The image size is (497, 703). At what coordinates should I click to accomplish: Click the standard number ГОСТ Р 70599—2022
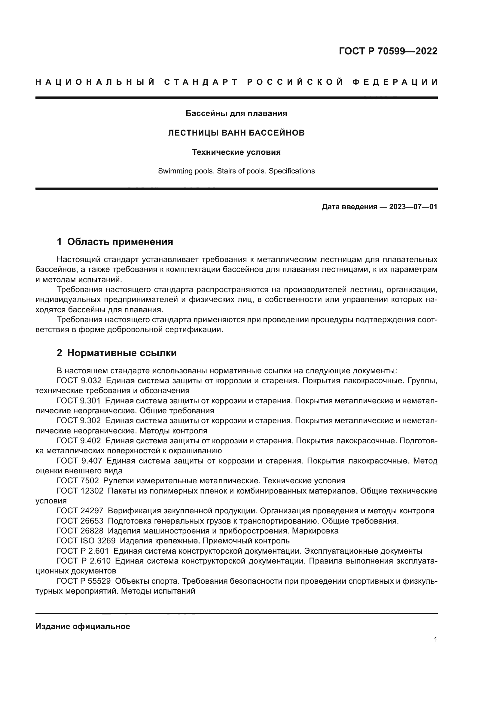coord(388,51)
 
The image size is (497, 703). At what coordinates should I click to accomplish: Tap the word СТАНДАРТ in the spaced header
coord(201,82)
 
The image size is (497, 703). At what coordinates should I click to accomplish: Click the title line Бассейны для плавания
coord(236,114)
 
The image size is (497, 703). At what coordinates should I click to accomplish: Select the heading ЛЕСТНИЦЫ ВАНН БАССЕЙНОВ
coord(236,133)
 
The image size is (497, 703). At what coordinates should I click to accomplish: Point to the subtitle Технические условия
coord(236,152)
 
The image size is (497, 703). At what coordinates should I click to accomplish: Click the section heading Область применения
coord(120,242)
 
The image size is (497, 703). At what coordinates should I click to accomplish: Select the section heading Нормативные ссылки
coord(122,353)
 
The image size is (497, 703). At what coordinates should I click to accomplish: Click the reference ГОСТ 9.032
coord(79,381)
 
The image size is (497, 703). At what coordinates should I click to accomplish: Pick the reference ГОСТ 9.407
coord(79,461)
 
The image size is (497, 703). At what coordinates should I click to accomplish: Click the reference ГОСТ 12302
coord(80,491)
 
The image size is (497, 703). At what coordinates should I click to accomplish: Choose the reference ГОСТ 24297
coord(80,511)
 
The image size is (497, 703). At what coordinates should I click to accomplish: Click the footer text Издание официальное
coord(83,626)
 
